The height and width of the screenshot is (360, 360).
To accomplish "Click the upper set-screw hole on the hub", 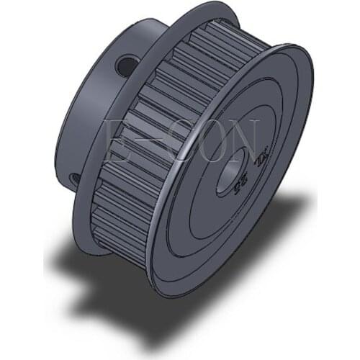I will pos(127,66).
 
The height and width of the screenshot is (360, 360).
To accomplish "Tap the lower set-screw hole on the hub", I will pos(75,178).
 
